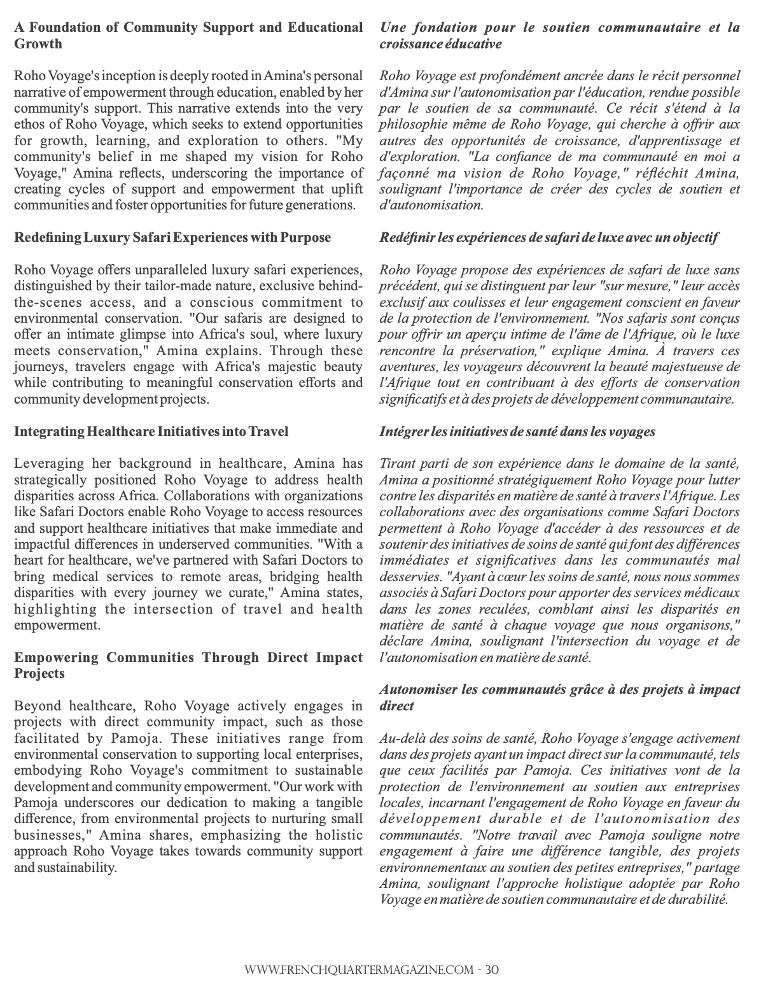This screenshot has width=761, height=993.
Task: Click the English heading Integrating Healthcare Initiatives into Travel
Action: point(151,432)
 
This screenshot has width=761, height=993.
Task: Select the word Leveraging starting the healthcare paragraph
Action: point(46,463)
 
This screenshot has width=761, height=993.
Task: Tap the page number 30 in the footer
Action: point(491,970)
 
